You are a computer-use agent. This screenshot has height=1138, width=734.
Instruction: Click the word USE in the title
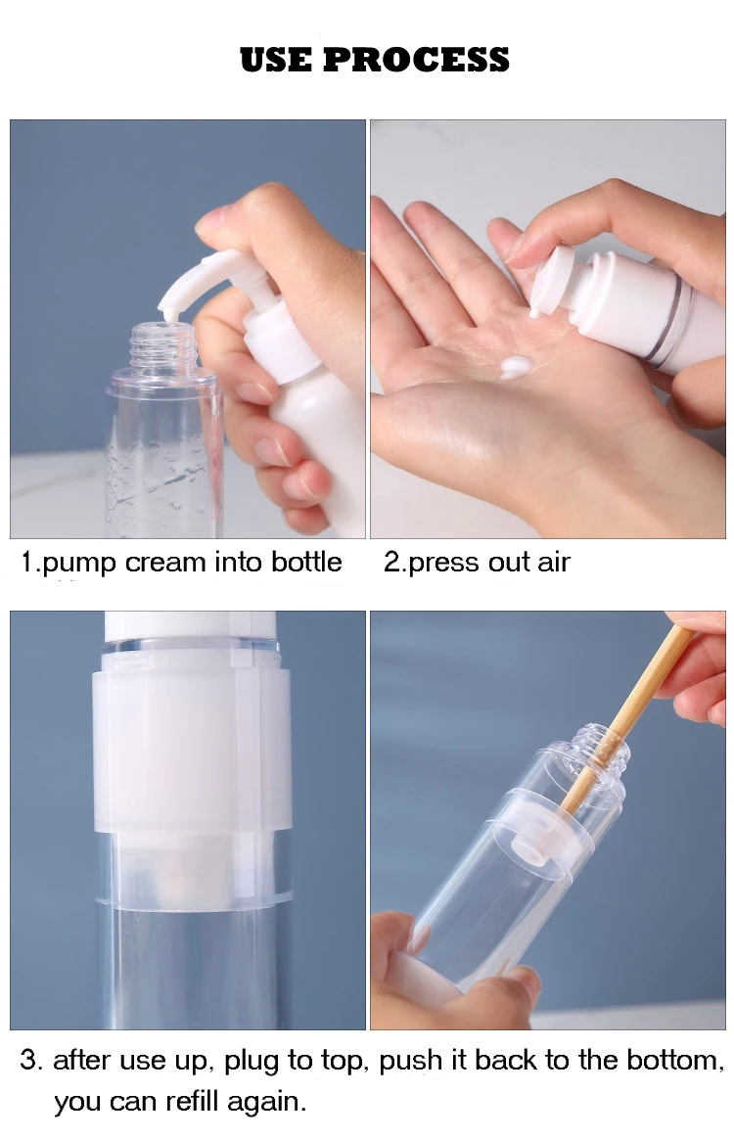pos(277,60)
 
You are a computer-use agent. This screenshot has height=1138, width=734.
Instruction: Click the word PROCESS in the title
pos(416,60)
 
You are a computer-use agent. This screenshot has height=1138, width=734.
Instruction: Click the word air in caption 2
pos(552,563)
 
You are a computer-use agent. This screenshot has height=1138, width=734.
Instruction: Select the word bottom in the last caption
pos(674,1061)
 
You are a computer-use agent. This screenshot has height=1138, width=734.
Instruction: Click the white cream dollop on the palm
pos(516,368)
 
